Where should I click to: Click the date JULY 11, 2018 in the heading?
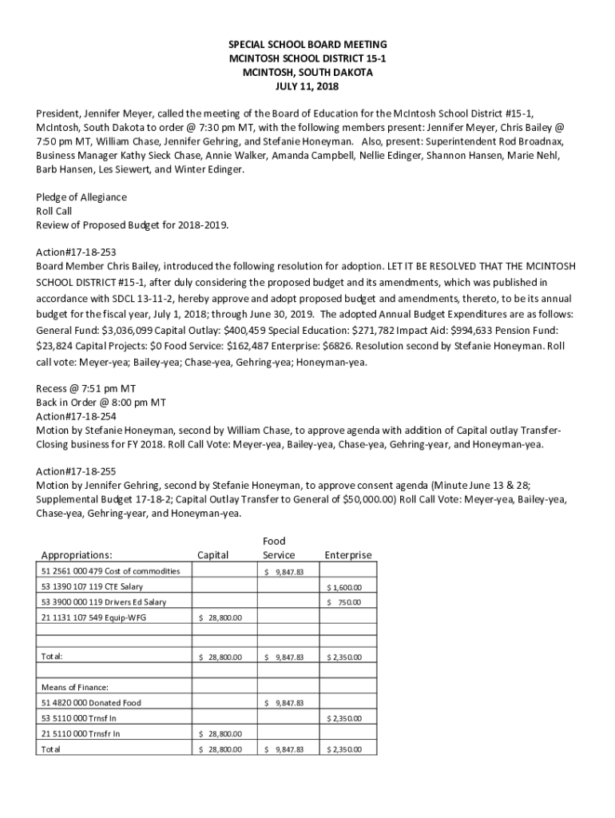click(x=307, y=86)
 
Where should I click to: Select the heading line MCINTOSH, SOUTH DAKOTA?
click(x=307, y=72)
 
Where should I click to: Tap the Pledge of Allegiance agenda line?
click(x=81, y=197)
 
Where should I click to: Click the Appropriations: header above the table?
click(x=77, y=555)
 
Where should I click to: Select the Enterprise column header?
click(x=347, y=555)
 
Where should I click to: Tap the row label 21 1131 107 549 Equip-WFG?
click(x=93, y=617)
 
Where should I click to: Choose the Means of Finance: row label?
click(x=74, y=687)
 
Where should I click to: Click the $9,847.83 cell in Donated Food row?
click(x=284, y=703)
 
